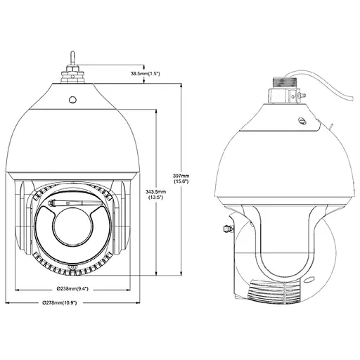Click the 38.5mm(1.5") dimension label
click(x=146, y=74)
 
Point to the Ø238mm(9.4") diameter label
click(x=72, y=288)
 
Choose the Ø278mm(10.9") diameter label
click(x=60, y=303)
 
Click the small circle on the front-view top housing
click(x=72, y=100)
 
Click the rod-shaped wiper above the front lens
click(x=75, y=203)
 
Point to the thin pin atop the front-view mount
click(x=72, y=58)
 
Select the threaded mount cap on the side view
click(x=285, y=83)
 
